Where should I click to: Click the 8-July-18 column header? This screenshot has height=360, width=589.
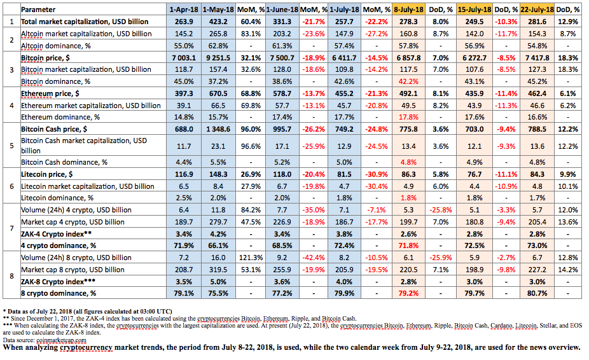(x=408, y=10)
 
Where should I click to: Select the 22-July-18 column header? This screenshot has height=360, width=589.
(x=537, y=10)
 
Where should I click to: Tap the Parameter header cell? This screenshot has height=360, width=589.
(x=38, y=10)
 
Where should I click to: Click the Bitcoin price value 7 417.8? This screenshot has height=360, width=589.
(x=537, y=58)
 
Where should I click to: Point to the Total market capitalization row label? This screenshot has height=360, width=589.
(x=85, y=22)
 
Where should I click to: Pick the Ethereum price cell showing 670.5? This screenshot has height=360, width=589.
(x=218, y=93)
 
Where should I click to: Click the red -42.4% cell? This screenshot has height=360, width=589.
(x=314, y=258)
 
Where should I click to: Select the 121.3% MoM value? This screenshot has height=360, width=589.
(x=251, y=258)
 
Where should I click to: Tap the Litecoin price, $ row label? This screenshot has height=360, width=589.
(x=46, y=174)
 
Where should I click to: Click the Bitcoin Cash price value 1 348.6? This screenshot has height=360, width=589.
(x=218, y=129)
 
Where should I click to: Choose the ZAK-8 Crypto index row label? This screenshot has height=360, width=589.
(x=58, y=282)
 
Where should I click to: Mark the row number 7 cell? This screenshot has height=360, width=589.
(x=11, y=228)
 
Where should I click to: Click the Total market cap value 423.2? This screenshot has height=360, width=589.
(x=218, y=22)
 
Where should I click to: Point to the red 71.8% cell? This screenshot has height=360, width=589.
(x=408, y=246)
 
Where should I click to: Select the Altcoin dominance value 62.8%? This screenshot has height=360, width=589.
(x=218, y=46)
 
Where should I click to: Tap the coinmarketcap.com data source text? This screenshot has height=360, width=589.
(x=61, y=340)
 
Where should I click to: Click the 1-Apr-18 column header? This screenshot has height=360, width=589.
(x=184, y=10)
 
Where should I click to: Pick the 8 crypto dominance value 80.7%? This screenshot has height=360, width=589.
(x=537, y=293)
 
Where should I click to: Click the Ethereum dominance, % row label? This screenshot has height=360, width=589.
(x=60, y=117)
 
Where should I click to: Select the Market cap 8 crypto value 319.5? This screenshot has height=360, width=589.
(x=218, y=270)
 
